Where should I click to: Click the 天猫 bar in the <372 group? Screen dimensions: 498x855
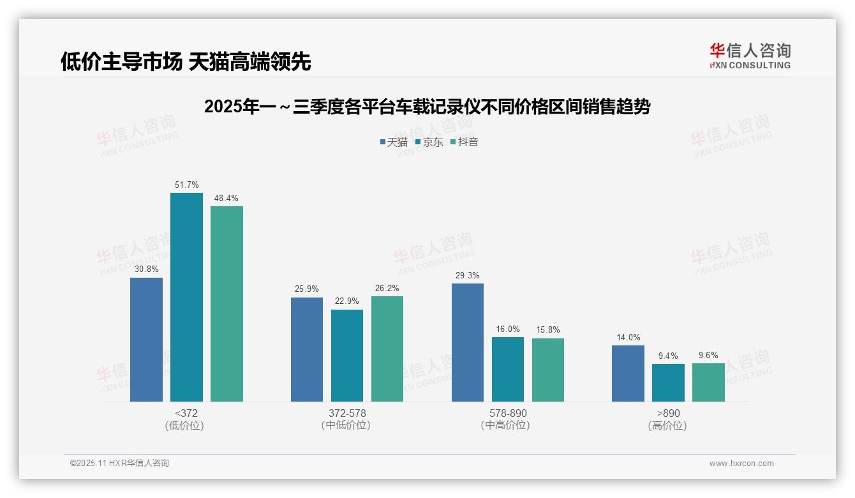[146, 340]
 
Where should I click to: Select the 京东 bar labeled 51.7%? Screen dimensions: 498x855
[186, 297]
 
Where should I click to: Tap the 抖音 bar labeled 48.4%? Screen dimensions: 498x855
[227, 304]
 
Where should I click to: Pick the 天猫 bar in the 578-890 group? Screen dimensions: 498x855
[468, 342]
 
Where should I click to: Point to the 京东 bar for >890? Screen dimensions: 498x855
[668, 382]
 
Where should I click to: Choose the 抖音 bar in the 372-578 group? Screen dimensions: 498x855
[387, 349]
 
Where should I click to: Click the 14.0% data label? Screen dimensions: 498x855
[628, 338]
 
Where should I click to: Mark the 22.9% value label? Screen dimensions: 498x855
[347, 301]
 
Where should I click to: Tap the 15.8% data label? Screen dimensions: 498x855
[548, 330]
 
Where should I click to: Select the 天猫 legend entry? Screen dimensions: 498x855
[394, 142]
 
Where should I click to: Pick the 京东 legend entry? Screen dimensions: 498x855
[429, 142]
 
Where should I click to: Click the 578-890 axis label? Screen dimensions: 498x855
[508, 413]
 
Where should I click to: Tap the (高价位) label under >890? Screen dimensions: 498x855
[668, 425]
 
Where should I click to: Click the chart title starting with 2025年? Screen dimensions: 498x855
[427, 107]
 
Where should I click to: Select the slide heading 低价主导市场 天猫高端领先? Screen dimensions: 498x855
[186, 61]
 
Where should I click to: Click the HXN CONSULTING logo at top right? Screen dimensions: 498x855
[750, 56]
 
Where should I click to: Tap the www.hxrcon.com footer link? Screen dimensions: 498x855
[741, 464]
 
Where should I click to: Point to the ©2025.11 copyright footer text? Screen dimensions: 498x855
[119, 464]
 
